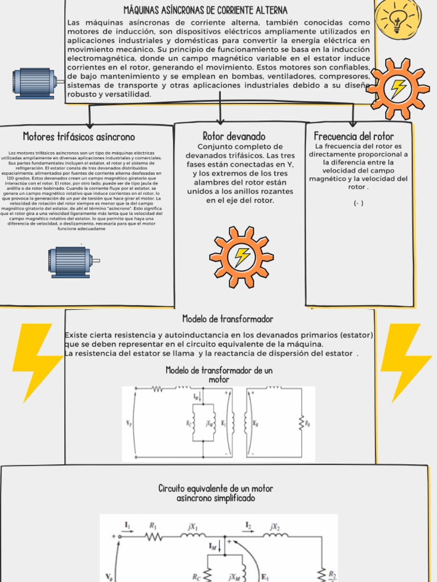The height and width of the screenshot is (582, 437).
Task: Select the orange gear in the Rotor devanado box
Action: pyautogui.click(x=241, y=257)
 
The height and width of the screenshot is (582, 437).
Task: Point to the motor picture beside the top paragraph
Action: pyautogui.click(x=36, y=83)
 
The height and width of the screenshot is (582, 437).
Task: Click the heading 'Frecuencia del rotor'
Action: pyautogui.click(x=353, y=136)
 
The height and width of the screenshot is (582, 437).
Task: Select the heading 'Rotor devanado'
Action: pyautogui.click(x=234, y=136)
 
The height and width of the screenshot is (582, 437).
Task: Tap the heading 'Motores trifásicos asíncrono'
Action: pyautogui.click(x=79, y=137)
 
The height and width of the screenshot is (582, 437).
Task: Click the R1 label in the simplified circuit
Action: pyautogui.click(x=153, y=526)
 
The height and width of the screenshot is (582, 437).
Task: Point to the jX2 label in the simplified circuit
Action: pyautogui.click(x=275, y=526)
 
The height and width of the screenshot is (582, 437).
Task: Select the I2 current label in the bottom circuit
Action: pyautogui.click(x=249, y=525)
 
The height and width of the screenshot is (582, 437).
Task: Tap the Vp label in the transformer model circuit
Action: pyautogui.click(x=128, y=423)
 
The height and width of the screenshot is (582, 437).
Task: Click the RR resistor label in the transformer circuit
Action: pyautogui.click(x=308, y=423)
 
